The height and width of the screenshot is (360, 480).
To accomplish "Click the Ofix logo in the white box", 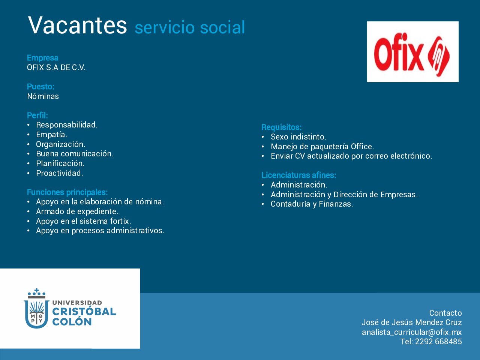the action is (x=412, y=54).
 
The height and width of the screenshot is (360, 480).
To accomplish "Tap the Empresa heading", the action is (x=43, y=58).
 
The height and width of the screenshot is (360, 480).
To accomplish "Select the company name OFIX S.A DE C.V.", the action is (x=56, y=67).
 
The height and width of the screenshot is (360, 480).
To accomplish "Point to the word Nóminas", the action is (x=43, y=96).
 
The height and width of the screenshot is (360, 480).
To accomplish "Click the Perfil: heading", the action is (x=37, y=115).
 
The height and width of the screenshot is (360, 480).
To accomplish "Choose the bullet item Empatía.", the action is (x=52, y=135).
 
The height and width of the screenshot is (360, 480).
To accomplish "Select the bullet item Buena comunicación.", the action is (x=75, y=154).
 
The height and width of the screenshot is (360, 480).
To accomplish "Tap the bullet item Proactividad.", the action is (x=60, y=173).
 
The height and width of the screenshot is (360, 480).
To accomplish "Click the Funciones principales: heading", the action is (x=67, y=192).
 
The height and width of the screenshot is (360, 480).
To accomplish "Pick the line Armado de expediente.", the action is (x=77, y=211).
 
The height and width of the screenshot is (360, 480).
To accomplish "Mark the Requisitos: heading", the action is (x=282, y=127).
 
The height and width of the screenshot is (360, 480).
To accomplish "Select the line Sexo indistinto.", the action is (x=298, y=137).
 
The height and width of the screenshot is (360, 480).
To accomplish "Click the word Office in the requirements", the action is (x=362, y=147).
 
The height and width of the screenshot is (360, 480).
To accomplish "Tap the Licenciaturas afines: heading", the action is (x=299, y=175).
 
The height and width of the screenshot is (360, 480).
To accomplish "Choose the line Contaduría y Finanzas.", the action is (x=312, y=204).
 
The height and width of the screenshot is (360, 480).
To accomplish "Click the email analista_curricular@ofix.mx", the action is (x=412, y=332).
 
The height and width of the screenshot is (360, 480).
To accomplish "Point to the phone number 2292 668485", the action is (x=438, y=341).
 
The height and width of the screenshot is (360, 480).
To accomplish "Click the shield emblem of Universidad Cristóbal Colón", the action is (x=36, y=308).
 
